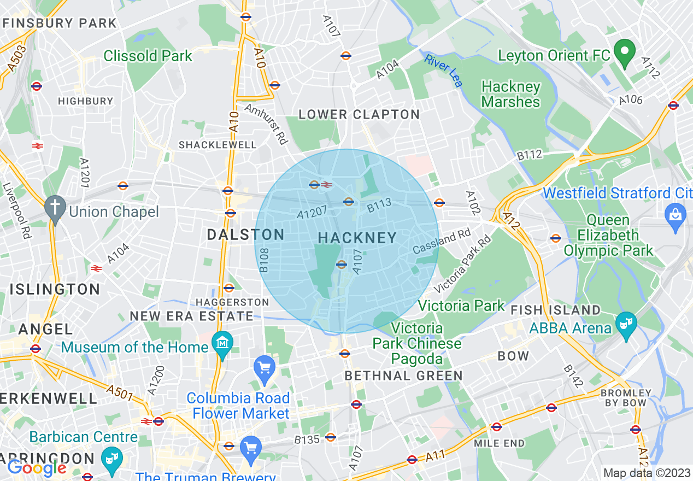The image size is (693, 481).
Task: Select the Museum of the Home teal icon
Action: point(222,343)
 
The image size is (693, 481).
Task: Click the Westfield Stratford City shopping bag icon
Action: point(676,213)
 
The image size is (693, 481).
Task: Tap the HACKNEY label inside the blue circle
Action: point(357,238)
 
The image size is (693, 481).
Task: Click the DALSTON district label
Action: point(245,235)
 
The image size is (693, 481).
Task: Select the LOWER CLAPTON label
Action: point(359,115)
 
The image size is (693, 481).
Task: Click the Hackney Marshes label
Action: point(510,95)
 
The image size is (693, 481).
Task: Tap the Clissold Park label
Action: point(148,56)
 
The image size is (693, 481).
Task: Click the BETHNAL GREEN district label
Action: point(403,376)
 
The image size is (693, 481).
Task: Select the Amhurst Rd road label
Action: point(267,124)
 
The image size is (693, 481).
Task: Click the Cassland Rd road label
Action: point(442,242)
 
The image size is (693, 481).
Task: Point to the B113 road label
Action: point(379,207)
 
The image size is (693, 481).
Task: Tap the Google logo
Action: point(37,468)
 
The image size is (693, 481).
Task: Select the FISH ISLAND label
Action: point(555,310)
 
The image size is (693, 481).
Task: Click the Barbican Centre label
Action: point(84,437)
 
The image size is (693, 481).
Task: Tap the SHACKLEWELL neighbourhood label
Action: point(218,145)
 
